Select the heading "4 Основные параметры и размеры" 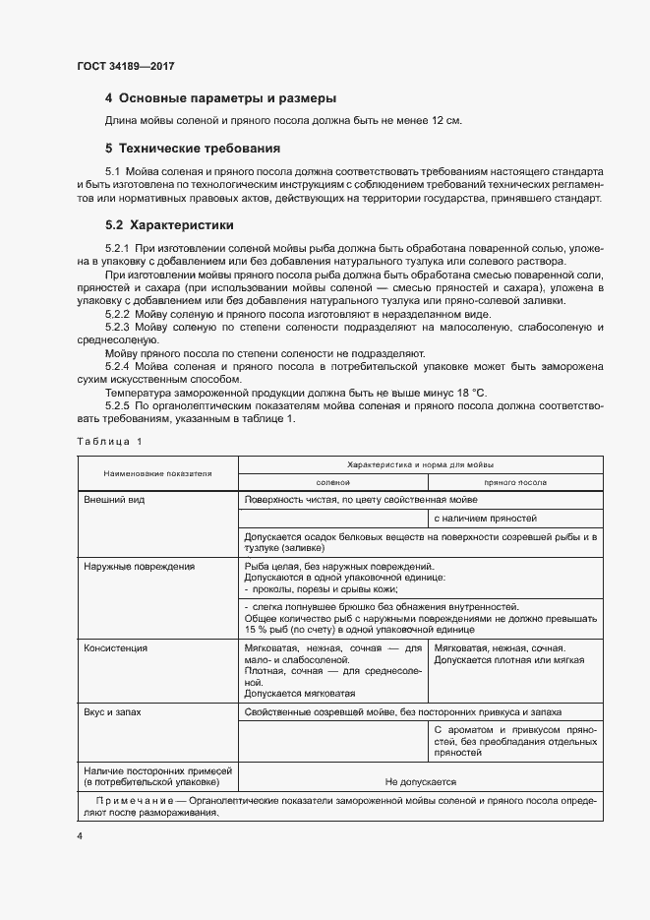point(220,98)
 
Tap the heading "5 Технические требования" point(193,149)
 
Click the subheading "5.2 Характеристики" point(169,224)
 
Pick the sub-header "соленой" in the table point(332,483)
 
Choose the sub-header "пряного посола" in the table point(514,483)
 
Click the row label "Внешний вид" point(114,500)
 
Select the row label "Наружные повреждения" point(139,567)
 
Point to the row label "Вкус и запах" point(115,710)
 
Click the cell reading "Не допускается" point(421,782)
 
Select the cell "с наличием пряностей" point(485,518)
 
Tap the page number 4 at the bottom point(80,835)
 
